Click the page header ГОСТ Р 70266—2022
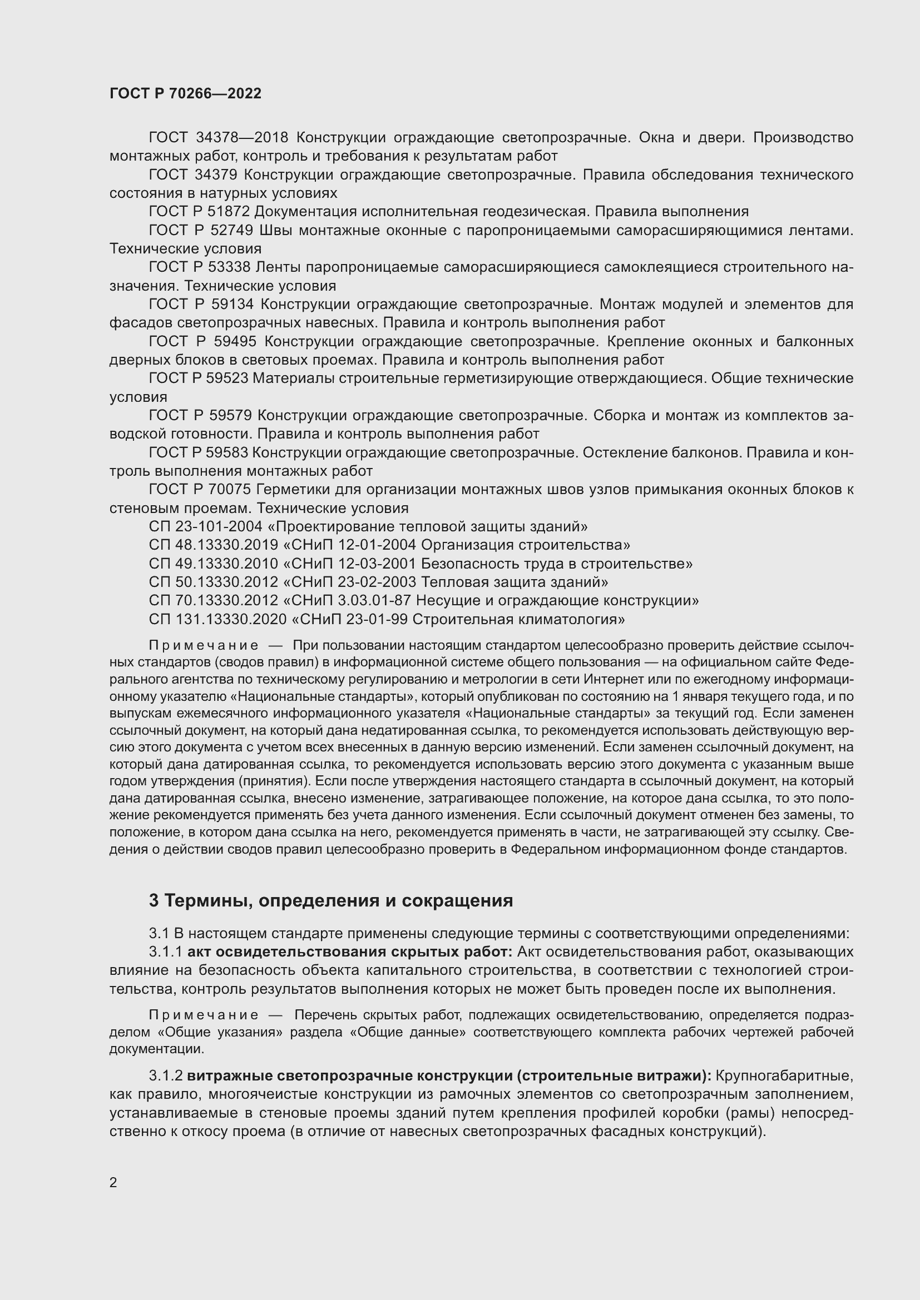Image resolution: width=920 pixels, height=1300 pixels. [185, 94]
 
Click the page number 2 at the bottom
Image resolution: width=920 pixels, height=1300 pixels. [113, 1183]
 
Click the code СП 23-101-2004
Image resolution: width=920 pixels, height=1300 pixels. [206, 526]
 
